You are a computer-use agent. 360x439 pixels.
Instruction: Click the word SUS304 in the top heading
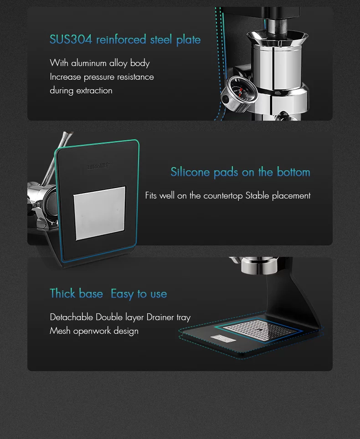[x=71, y=40]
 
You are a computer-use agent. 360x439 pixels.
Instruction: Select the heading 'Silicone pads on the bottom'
[x=240, y=172]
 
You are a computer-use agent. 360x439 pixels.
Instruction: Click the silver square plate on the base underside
[x=99, y=213]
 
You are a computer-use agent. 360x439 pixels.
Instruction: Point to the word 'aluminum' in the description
[x=88, y=63]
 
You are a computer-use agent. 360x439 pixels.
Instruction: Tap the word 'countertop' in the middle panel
[x=223, y=196]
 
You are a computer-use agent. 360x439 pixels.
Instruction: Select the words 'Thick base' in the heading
[x=76, y=294]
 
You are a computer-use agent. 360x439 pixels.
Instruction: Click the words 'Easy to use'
[x=139, y=294]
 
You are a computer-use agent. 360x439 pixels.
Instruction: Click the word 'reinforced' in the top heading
[x=121, y=40]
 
